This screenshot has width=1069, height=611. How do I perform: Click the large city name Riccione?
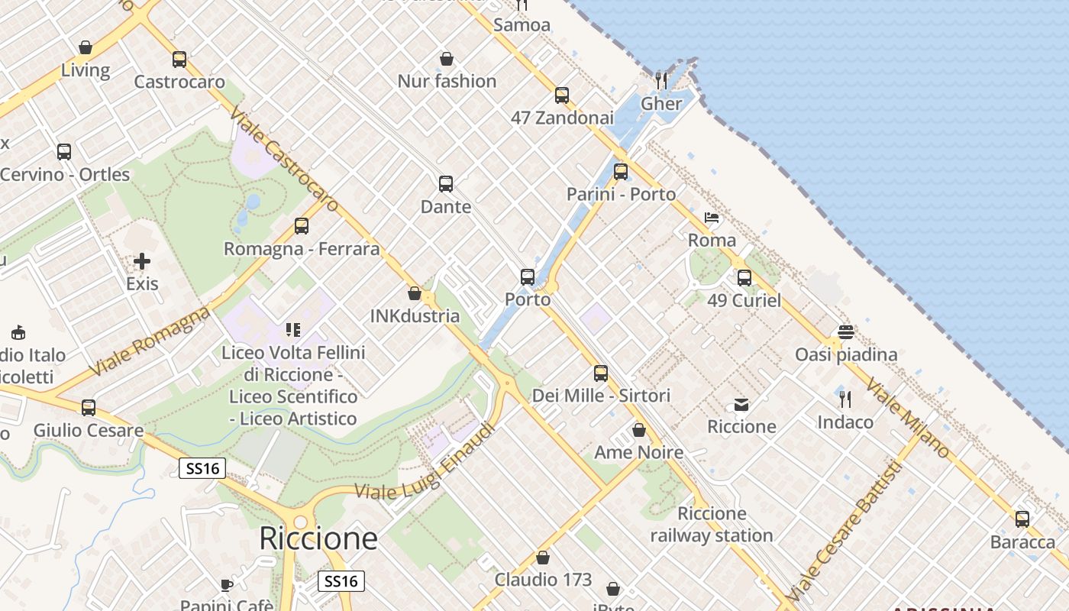tap(318, 538)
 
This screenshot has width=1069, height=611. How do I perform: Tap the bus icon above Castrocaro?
tap(179, 60)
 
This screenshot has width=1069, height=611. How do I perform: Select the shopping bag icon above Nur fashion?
tap(447, 59)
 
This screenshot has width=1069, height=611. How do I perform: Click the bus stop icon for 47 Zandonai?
tap(562, 95)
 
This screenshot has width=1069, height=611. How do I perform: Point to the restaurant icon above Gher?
tap(661, 80)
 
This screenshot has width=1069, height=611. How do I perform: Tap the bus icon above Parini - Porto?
tap(621, 172)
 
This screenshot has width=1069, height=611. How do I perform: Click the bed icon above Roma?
tap(712, 218)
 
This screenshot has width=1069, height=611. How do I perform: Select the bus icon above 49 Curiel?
tap(744, 278)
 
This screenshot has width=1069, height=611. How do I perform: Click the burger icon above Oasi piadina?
tap(845, 332)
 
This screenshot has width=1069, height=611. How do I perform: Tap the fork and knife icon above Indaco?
tap(845, 399)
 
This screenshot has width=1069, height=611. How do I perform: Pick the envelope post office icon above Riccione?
tap(741, 404)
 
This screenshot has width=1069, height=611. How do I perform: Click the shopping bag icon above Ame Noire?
tap(639, 430)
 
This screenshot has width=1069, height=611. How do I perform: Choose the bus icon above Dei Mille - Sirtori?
tap(601, 373)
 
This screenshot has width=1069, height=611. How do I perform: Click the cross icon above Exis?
tap(142, 262)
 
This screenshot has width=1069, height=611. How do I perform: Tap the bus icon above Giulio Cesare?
tap(89, 408)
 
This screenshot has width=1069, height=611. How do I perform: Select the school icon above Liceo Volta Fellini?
tap(293, 330)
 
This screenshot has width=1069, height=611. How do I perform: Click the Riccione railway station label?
tap(712, 525)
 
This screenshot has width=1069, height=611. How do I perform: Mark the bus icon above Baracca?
tap(1022, 519)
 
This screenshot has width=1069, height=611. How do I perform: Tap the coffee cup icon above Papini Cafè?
tap(227, 585)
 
